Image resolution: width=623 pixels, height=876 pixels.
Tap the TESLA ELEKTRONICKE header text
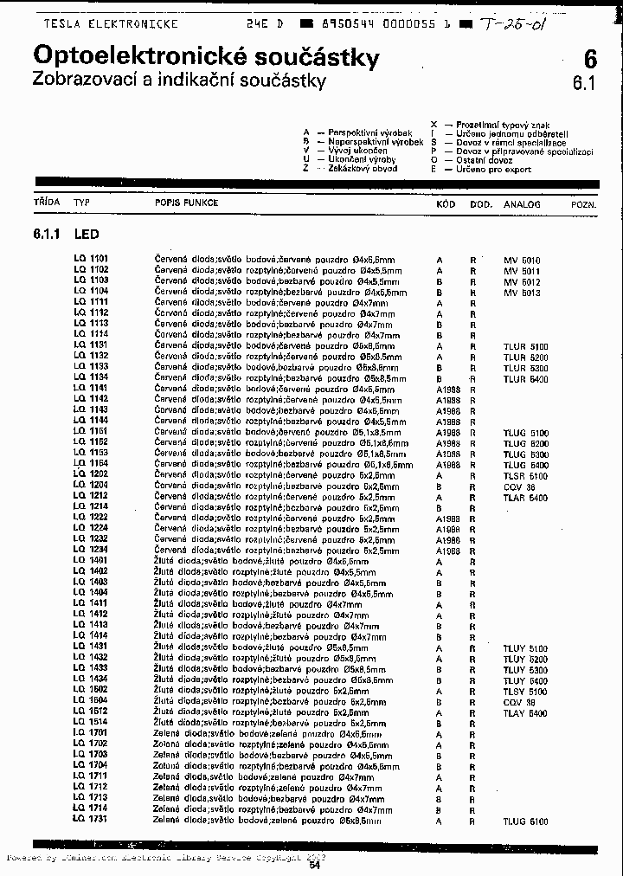point(111,24)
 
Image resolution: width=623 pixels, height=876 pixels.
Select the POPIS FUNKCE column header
point(186,203)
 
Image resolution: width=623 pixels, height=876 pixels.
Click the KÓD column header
point(446,204)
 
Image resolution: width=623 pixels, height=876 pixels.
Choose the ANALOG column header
point(522,204)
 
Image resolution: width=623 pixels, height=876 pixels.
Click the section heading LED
point(87,234)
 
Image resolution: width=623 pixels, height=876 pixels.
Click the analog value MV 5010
point(522,260)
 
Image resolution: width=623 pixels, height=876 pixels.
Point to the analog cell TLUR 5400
point(525,379)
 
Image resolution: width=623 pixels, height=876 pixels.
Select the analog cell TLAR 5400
point(525,498)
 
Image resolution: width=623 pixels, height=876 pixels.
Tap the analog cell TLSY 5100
point(525,692)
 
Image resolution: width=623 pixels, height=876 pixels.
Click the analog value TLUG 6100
point(525,821)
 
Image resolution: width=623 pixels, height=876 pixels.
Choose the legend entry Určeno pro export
point(494,170)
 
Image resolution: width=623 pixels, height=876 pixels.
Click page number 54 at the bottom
point(314,864)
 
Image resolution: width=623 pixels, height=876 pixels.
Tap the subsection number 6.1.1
point(47,234)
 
